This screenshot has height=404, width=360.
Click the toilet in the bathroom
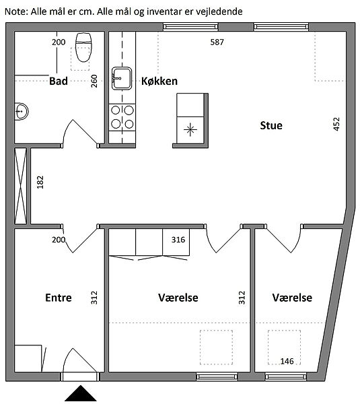coord(83,47)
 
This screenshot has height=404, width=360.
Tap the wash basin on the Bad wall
coord(21,112)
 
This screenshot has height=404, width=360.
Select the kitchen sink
coord(122,78)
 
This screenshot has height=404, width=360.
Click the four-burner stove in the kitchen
coord(122,117)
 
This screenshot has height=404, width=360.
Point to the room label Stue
coord(271,125)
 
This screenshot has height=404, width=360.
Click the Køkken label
coord(159,81)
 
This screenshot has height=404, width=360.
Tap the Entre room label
coord(59,298)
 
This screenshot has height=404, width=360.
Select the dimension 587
coord(217,42)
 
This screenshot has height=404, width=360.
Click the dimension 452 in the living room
coord(336,124)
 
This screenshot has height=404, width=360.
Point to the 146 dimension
coord(287,361)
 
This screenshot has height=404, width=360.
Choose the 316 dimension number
coord(178,240)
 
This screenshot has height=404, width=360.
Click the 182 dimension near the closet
coord(40,182)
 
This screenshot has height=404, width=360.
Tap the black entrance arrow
coord(81,393)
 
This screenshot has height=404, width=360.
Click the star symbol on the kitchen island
coord(190,129)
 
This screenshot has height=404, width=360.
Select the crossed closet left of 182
coord(20,186)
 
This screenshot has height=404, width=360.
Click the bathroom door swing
coord(80,133)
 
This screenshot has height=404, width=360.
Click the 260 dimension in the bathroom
coord(94,81)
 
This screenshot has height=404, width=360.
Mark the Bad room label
coord(59,81)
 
